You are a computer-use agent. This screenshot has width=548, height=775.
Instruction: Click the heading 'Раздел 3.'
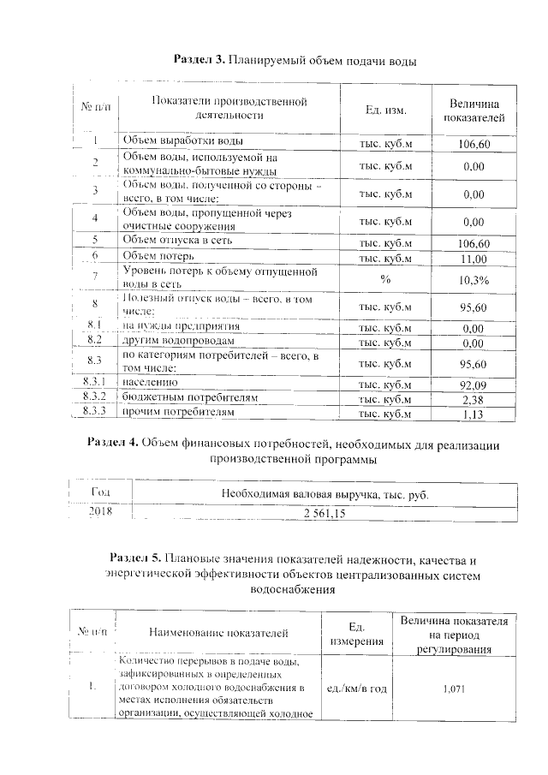point(200,61)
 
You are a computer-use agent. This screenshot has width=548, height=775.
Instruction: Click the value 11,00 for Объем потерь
point(474,258)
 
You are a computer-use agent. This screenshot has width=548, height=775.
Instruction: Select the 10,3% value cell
point(474,280)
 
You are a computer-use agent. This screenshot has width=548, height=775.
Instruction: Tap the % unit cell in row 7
point(385,279)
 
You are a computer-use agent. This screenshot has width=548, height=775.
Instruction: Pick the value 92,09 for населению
point(474,385)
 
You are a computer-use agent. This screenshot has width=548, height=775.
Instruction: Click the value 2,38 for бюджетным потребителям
point(474,399)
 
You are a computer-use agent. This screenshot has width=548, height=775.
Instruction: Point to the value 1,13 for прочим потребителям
point(474,414)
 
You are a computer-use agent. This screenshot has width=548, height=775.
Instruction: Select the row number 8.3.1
point(95,384)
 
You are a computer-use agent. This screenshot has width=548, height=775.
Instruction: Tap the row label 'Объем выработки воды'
point(182,140)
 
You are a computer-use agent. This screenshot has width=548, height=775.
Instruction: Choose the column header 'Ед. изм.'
point(385,111)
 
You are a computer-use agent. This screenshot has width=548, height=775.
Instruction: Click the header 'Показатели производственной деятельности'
point(229,108)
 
